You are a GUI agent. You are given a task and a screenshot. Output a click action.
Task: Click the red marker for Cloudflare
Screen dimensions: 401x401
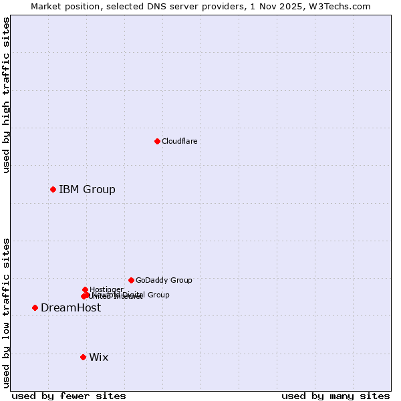click(157, 141)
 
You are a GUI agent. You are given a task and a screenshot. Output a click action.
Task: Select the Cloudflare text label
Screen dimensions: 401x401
click(179, 141)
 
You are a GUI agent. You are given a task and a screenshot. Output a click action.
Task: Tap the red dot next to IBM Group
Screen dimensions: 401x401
click(53, 189)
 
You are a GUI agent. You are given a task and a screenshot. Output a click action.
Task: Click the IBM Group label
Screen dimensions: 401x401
click(87, 189)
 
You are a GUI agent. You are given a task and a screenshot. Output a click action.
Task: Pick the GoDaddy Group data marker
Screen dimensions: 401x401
click(131, 280)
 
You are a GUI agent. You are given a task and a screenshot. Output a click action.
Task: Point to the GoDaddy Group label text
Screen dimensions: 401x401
click(164, 280)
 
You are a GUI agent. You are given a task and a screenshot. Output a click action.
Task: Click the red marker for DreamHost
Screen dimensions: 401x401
click(35, 307)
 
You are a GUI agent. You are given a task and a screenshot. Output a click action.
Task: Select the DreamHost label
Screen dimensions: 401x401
click(71, 307)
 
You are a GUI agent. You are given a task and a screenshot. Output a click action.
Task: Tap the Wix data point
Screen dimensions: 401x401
click(83, 357)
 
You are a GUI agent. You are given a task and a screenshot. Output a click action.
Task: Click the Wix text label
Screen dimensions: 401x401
click(98, 357)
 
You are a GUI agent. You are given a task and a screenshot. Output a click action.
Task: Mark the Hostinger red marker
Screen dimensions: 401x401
click(86, 289)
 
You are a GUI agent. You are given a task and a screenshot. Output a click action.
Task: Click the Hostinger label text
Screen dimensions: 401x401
click(106, 289)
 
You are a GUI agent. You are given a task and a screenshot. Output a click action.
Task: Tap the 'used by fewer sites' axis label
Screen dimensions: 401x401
click(69, 396)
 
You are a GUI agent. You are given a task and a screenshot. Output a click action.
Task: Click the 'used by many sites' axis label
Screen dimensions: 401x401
click(336, 396)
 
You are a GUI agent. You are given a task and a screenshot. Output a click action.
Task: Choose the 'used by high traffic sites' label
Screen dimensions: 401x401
click(6, 95)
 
